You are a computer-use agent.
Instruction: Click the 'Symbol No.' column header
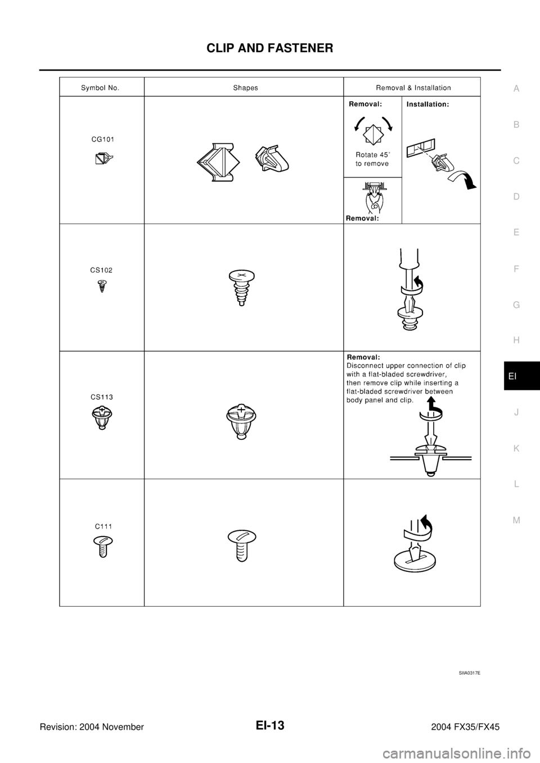(100, 88)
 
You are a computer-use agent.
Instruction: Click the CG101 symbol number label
(103, 139)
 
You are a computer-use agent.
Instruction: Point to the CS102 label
(101, 270)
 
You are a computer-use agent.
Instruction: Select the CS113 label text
(102, 397)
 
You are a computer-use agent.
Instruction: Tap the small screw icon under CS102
(102, 287)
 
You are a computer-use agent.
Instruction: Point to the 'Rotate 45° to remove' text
(372, 160)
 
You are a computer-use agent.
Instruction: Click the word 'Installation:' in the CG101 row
(427, 105)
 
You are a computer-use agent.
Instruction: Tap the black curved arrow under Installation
(465, 180)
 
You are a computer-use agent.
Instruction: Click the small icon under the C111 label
(102, 545)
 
